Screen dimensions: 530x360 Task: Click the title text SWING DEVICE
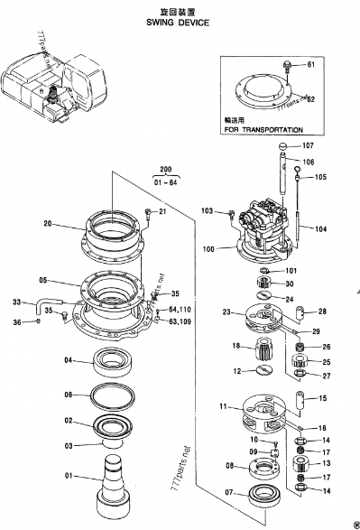point(177,23)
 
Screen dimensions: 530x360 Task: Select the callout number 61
point(310,64)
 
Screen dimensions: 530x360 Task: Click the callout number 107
point(308,146)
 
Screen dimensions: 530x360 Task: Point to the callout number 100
point(209,248)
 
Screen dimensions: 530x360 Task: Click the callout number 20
point(47,222)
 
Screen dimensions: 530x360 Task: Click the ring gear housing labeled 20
point(112,233)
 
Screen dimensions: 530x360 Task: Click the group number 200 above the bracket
point(165,170)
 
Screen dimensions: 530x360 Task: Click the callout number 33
point(16,302)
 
